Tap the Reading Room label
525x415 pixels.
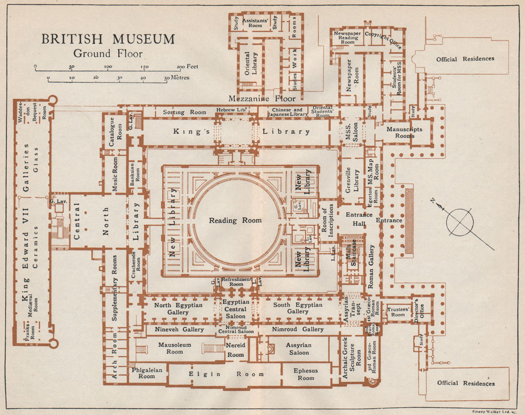(235, 220)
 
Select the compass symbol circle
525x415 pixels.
(459, 221)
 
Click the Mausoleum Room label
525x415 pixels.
(175, 348)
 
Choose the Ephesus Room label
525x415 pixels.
(306, 374)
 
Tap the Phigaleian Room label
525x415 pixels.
(146, 373)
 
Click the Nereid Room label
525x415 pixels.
(236, 351)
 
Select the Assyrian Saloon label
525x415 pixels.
(298, 349)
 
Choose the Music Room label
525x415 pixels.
(115, 174)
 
